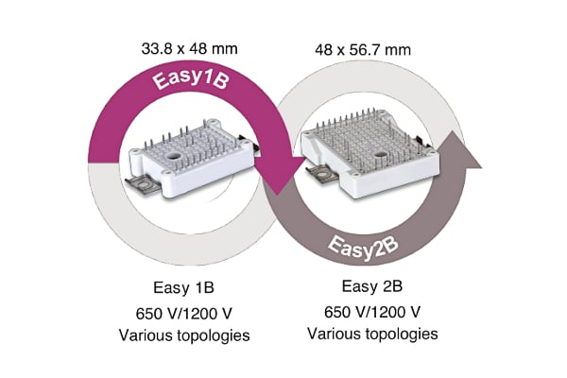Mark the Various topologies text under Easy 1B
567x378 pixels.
coord(185,335)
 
